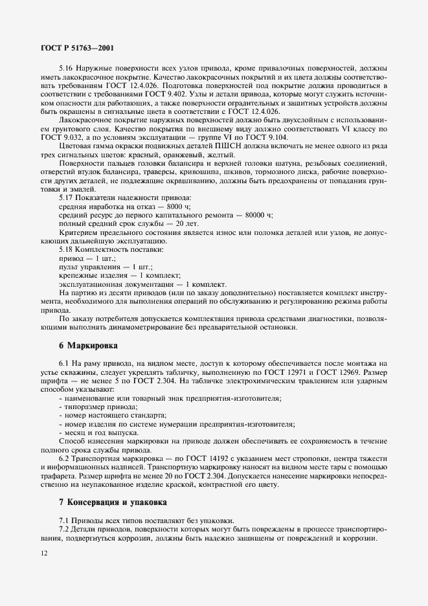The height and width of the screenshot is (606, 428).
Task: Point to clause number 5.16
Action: point(66,68)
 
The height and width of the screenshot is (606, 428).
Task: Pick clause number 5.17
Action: point(66,197)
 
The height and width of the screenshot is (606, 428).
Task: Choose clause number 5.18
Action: point(66,249)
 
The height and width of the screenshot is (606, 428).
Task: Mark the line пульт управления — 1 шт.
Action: point(96,266)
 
